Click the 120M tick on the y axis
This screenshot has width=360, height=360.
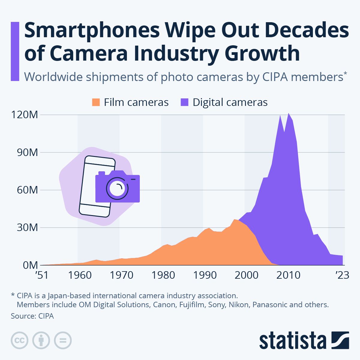[25, 115]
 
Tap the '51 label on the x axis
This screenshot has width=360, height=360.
[42, 275]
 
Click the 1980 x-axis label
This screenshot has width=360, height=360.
[163, 275]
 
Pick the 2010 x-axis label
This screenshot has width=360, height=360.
[288, 275]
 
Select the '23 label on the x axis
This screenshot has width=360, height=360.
[342, 275]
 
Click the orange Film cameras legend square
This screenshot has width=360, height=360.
[96, 102]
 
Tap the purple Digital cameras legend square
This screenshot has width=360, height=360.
[184, 102]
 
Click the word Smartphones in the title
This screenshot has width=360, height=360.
[92, 31]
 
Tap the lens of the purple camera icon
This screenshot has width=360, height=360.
[117, 188]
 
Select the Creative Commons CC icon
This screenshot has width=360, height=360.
[19, 340]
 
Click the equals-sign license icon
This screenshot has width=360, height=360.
[63, 340]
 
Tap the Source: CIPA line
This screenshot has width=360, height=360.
[32, 316]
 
